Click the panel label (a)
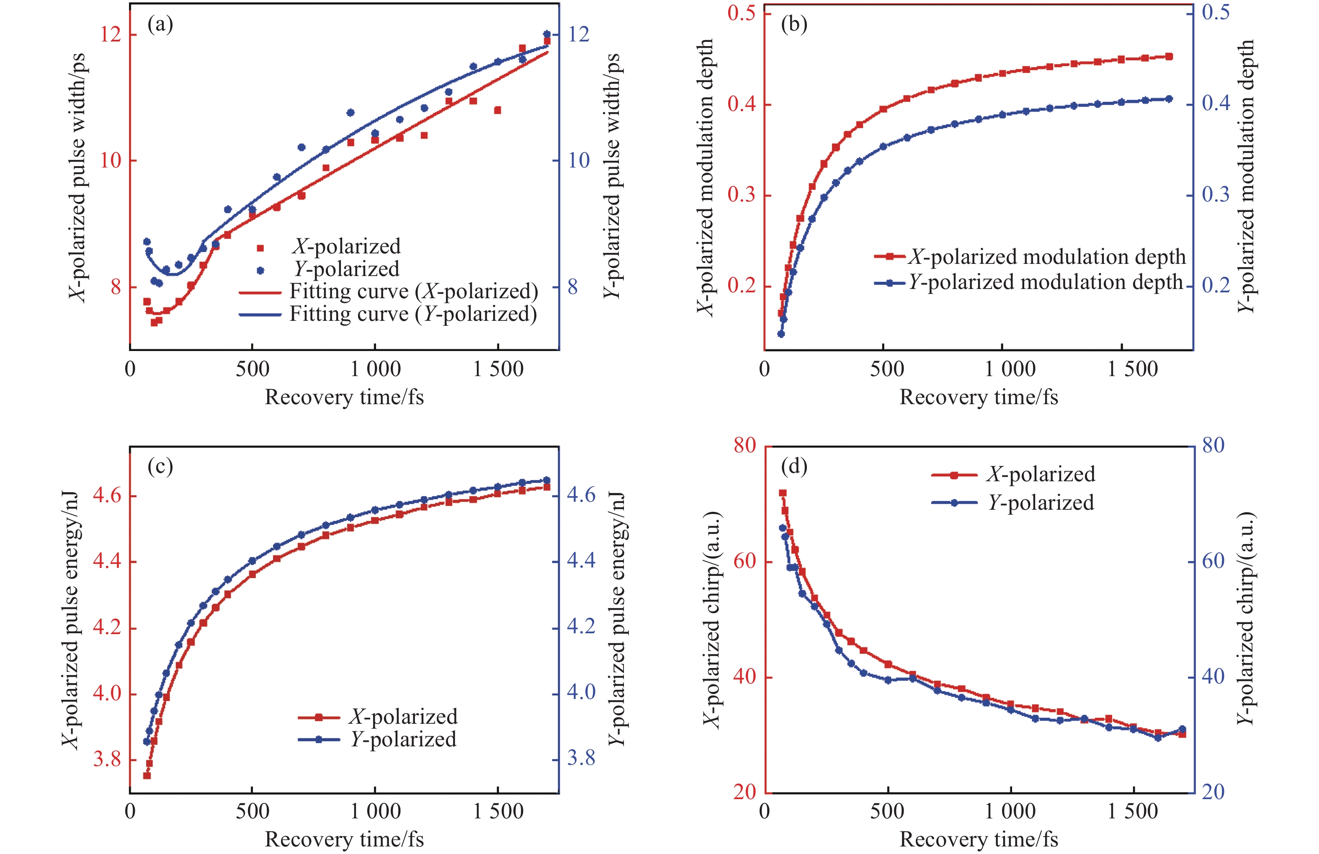160,24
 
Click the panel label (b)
793,24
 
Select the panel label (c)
160,467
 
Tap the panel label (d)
793,467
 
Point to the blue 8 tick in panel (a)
572,286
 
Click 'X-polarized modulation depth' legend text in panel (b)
1046,257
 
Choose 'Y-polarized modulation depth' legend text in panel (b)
1046,282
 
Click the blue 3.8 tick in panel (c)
581,758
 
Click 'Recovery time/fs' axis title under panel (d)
978,839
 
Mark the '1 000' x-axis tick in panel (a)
375,369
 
